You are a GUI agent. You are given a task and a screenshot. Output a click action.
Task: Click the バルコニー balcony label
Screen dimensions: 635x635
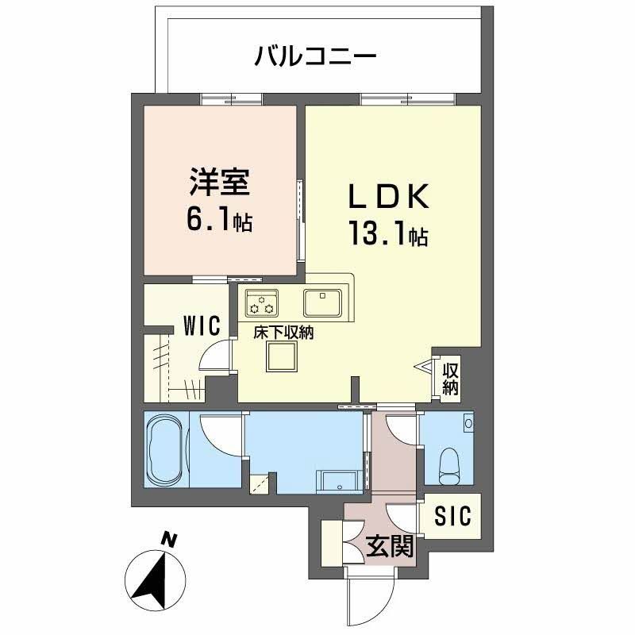click(x=314, y=57)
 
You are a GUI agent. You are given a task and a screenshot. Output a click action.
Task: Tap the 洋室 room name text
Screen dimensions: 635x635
click(x=220, y=183)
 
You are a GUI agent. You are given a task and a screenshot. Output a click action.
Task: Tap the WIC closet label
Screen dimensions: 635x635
click(x=201, y=326)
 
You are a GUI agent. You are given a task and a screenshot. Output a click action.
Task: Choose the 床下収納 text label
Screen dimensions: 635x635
click(x=283, y=333)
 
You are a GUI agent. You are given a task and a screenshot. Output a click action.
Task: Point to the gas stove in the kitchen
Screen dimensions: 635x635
click(x=263, y=303)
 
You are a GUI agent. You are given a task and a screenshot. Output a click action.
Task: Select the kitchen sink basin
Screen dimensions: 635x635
click(x=322, y=302)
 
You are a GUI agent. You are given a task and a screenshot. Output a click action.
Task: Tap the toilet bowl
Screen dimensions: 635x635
click(x=450, y=464)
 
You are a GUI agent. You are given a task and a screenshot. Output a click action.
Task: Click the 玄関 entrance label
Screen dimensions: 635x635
click(x=390, y=546)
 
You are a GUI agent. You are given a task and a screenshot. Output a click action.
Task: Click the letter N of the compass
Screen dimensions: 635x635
click(x=168, y=540)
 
